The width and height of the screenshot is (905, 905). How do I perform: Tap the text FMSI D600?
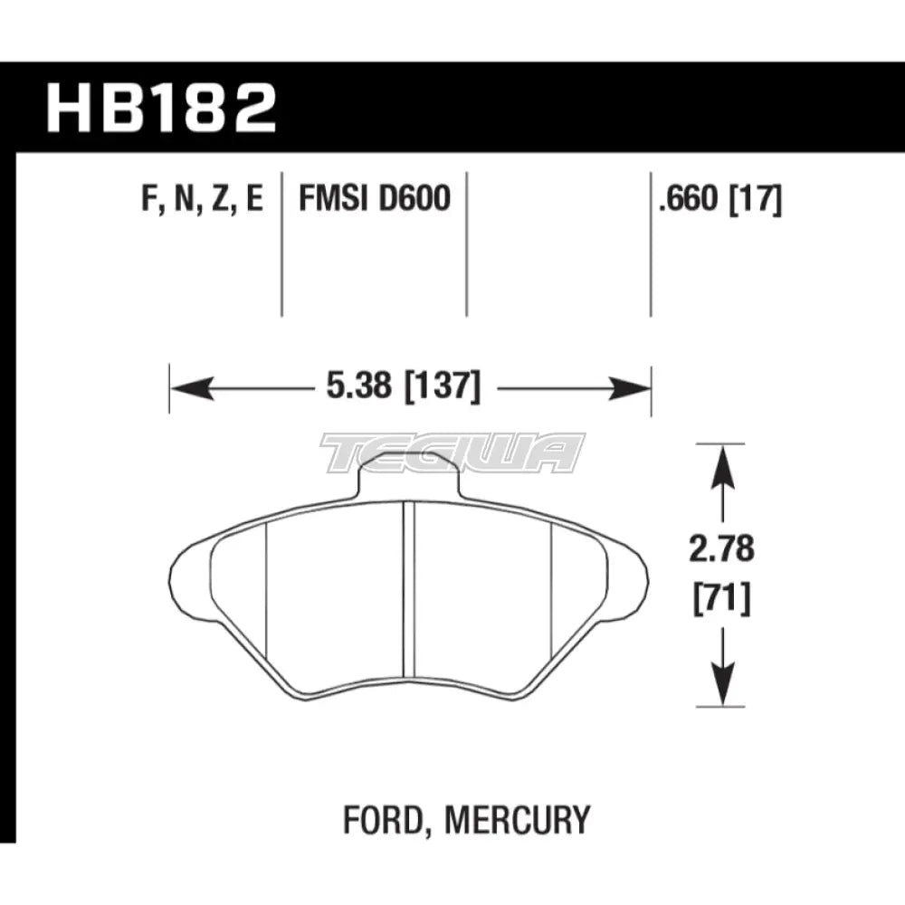(x=374, y=198)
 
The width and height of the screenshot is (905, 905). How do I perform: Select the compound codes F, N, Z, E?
(x=201, y=198)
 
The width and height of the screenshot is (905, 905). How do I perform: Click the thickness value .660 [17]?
(x=721, y=198)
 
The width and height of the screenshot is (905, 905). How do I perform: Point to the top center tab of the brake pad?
(x=410, y=475)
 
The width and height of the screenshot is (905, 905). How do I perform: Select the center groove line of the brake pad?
(x=407, y=588)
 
